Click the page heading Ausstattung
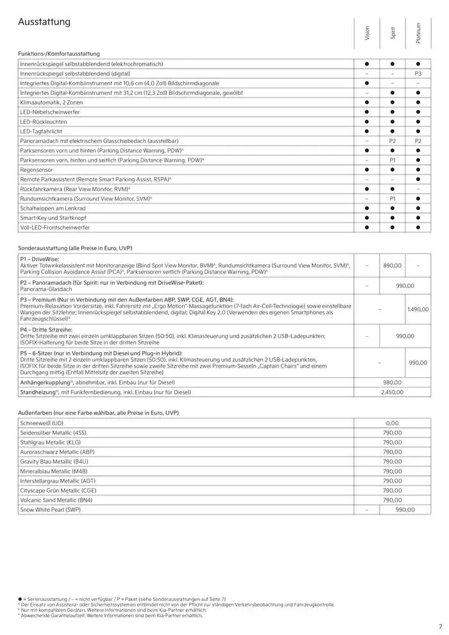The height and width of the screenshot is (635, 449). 44,22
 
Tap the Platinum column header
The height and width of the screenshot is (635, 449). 418,33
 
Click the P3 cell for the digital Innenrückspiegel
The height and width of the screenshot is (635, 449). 418,74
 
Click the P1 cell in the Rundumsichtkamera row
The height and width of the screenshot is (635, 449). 393,199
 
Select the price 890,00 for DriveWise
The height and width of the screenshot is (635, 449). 392,265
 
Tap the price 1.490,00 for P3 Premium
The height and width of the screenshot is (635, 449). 418,309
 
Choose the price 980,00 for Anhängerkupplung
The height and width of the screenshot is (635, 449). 392,381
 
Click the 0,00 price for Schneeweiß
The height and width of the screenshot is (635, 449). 392,423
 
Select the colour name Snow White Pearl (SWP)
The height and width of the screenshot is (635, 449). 51,509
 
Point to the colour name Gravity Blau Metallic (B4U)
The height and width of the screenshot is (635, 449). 55,461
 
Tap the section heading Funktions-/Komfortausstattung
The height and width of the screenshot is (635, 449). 59,54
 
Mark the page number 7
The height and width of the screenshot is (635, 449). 440,627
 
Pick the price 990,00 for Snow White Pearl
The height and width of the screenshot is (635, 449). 405,509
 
